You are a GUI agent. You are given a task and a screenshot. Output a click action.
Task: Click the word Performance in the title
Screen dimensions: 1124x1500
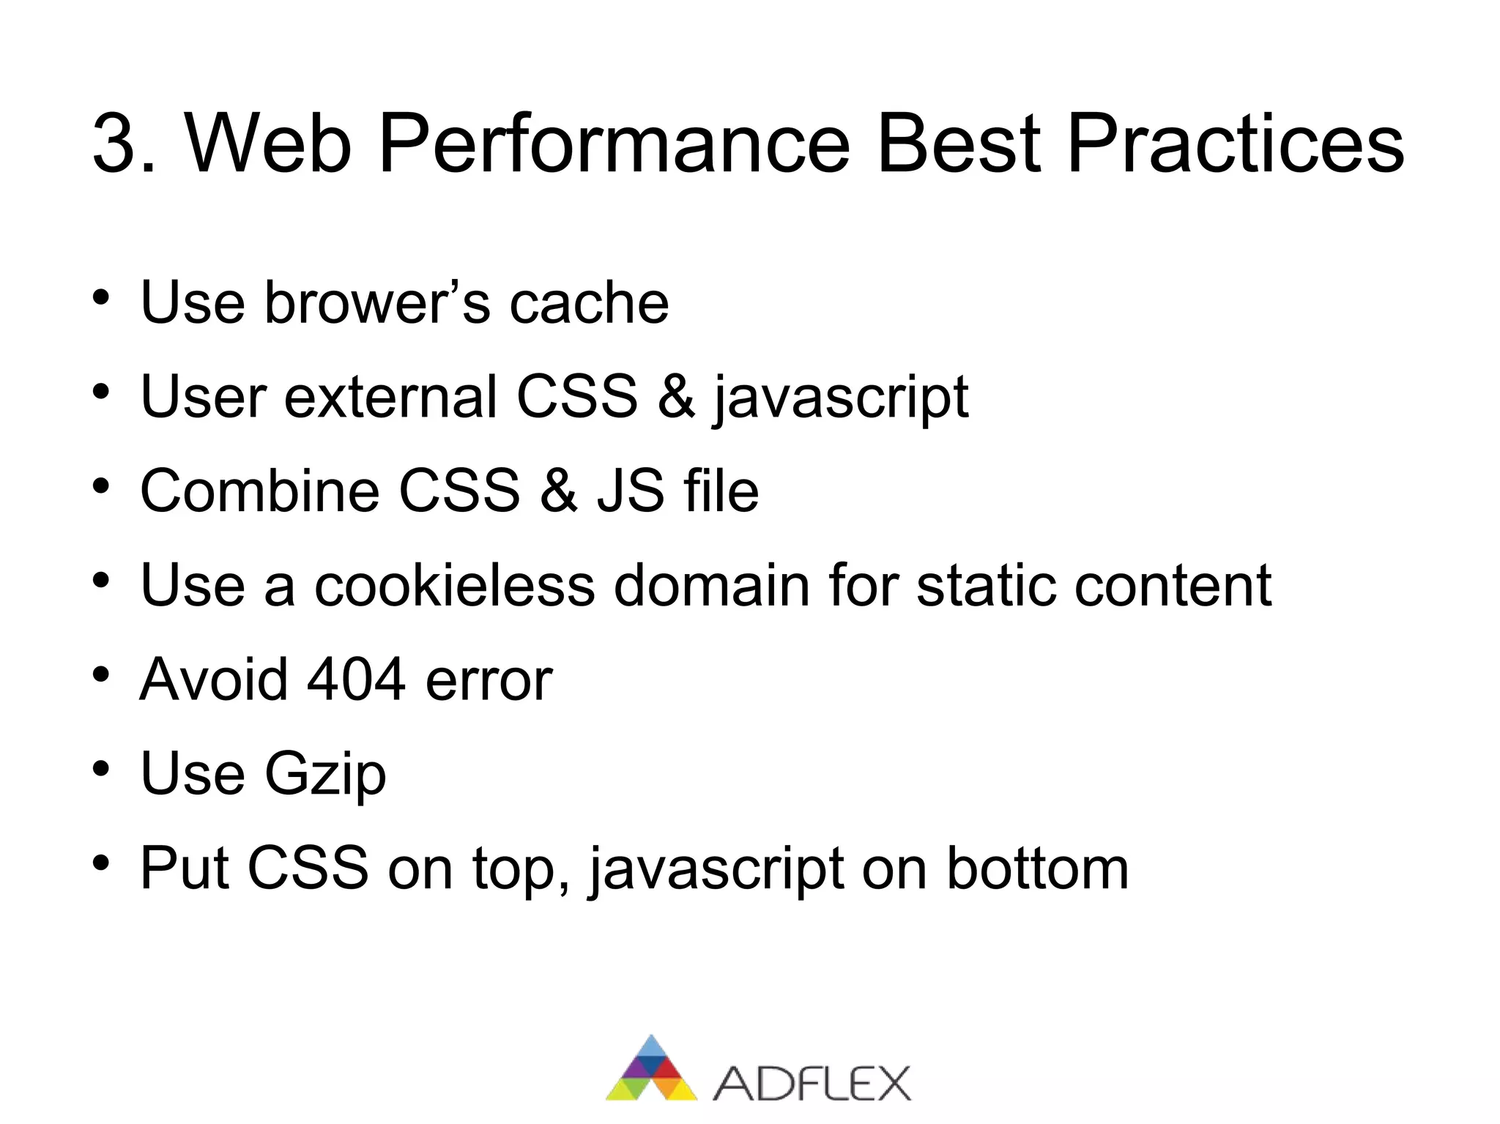point(614,144)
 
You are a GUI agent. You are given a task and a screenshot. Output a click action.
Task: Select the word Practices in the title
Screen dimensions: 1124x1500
point(1235,144)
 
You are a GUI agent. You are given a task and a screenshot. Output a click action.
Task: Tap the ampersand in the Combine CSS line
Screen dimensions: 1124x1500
point(559,491)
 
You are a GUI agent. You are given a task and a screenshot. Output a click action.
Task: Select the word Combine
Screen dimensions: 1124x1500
point(259,491)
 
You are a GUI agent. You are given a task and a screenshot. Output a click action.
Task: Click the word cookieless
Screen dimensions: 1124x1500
point(454,585)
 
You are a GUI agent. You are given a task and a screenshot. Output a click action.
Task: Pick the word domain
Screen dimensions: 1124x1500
point(711,585)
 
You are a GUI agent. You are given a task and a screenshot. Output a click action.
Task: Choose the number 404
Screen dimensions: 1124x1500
point(356,680)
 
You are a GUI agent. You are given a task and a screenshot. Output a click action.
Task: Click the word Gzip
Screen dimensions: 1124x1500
point(324,775)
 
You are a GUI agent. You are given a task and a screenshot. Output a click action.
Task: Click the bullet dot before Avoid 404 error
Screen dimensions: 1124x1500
point(101,674)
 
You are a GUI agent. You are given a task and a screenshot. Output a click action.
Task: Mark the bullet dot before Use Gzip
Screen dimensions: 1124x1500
point(101,769)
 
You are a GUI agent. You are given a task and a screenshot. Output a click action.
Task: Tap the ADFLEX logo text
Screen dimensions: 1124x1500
point(811,1084)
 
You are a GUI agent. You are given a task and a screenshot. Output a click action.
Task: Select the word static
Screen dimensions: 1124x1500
point(985,585)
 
